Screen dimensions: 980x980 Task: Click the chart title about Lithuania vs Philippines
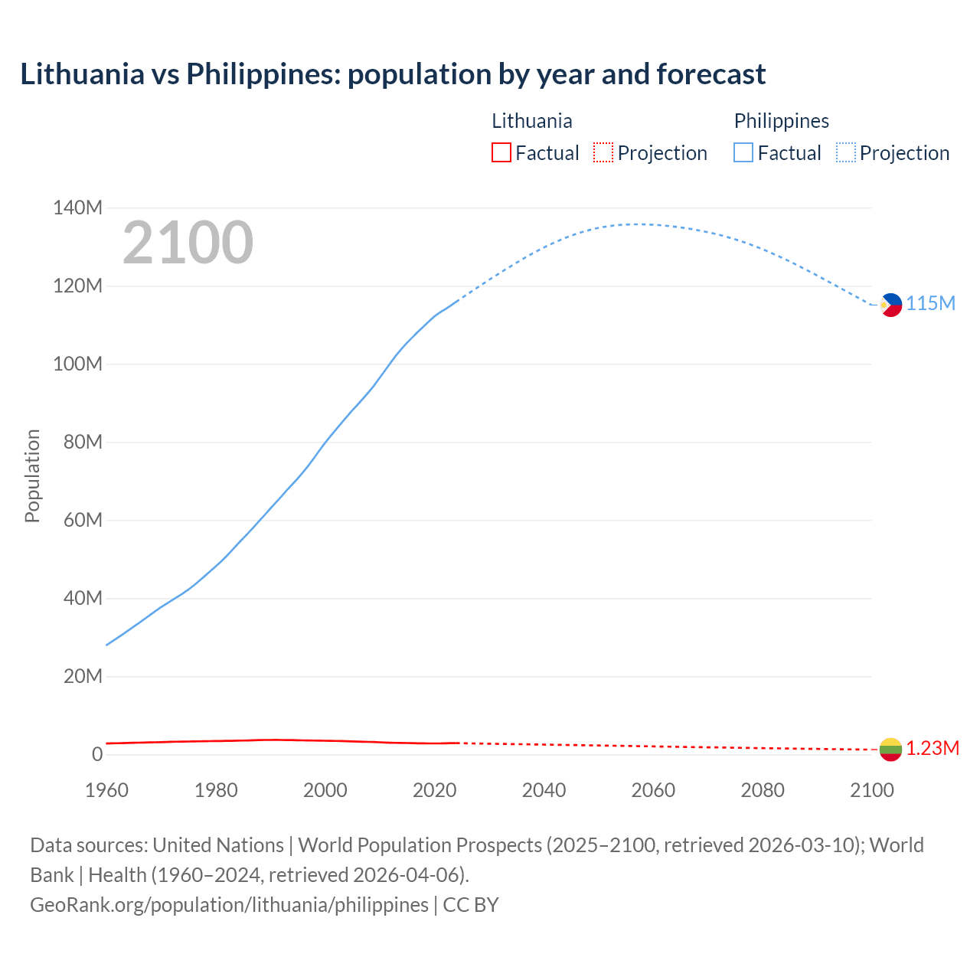click(393, 74)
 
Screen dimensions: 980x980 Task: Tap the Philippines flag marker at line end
click(890, 305)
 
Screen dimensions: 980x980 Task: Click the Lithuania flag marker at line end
click(890, 749)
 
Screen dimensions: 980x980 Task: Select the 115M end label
click(931, 303)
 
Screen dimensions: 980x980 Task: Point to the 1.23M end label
click(933, 748)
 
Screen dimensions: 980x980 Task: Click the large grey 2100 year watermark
click(188, 243)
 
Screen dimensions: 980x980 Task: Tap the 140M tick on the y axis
click(77, 208)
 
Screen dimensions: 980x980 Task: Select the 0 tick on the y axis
click(96, 754)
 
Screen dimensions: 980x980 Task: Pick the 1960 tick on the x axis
click(106, 790)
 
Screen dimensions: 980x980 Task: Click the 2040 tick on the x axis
click(544, 790)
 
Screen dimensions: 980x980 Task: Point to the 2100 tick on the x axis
click(871, 790)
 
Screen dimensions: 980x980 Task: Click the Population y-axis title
click(32, 475)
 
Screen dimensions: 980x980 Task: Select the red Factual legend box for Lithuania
click(501, 153)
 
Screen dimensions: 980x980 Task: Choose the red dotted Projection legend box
click(603, 153)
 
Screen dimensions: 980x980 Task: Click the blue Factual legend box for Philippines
click(743, 153)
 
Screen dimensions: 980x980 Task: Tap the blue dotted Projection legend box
click(845, 153)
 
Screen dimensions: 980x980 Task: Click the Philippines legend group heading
click(781, 121)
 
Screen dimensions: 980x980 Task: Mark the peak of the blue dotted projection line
click(637, 224)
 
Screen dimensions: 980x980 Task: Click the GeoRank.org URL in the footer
click(229, 905)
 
